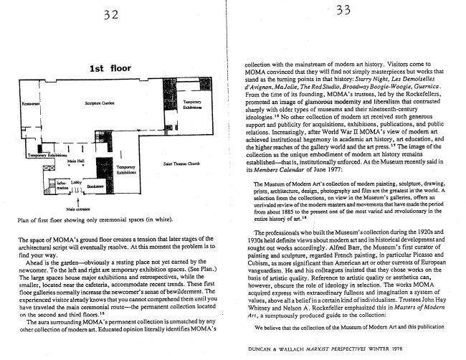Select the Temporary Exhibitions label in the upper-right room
[191, 105]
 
